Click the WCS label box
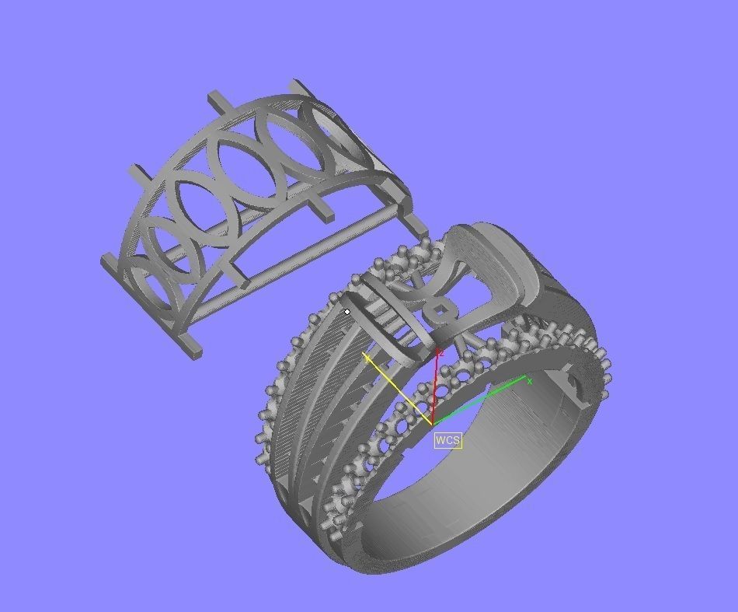[x=447, y=440]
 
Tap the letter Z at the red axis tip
[x=440, y=353]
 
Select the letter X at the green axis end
[x=529, y=381]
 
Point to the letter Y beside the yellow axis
[x=367, y=359]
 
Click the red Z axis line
[x=435, y=389]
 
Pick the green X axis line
[x=482, y=400]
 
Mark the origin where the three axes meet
[x=432, y=424]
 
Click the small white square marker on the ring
[x=347, y=312]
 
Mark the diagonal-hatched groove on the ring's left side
[x=311, y=373]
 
